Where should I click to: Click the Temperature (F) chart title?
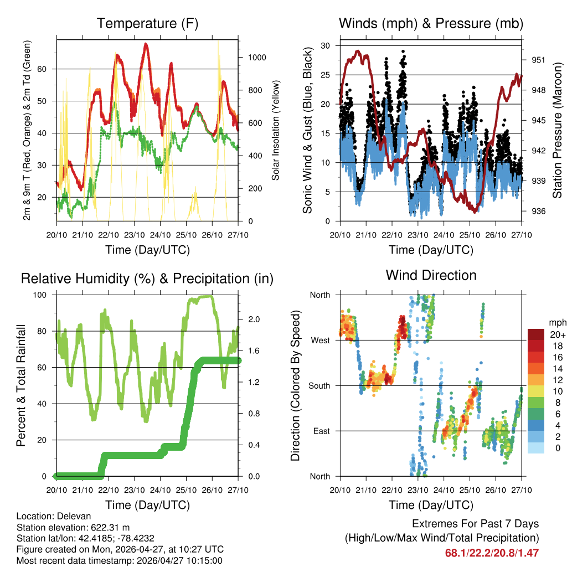click(x=147, y=24)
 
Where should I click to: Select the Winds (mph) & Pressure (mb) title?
click(x=431, y=24)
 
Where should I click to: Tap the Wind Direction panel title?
click(x=431, y=275)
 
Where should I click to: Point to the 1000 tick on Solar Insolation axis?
click(x=257, y=58)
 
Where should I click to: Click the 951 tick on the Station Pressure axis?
click(x=539, y=60)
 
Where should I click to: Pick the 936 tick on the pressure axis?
click(x=539, y=211)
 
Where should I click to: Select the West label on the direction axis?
click(x=319, y=341)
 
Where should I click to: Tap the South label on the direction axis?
click(x=319, y=386)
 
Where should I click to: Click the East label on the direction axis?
click(x=321, y=431)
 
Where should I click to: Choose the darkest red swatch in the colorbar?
click(x=535, y=334)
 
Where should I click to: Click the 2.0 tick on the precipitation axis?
click(x=254, y=319)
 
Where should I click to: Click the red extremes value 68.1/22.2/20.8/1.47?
click(x=492, y=553)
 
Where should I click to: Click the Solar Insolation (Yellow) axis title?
click(x=275, y=130)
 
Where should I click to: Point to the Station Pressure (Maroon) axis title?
click(x=558, y=130)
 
